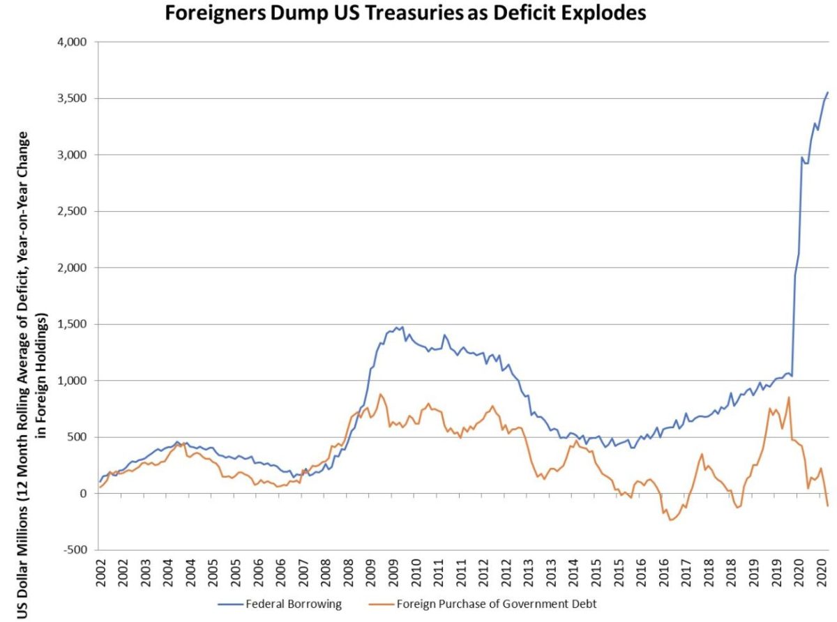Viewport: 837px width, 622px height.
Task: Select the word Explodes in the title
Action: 601,13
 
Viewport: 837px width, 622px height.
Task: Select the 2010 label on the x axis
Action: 416,576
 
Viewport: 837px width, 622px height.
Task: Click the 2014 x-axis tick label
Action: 573,576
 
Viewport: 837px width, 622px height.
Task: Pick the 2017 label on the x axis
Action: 686,576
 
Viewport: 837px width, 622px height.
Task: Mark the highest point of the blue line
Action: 827,92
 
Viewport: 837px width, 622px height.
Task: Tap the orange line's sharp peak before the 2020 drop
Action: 788,397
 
